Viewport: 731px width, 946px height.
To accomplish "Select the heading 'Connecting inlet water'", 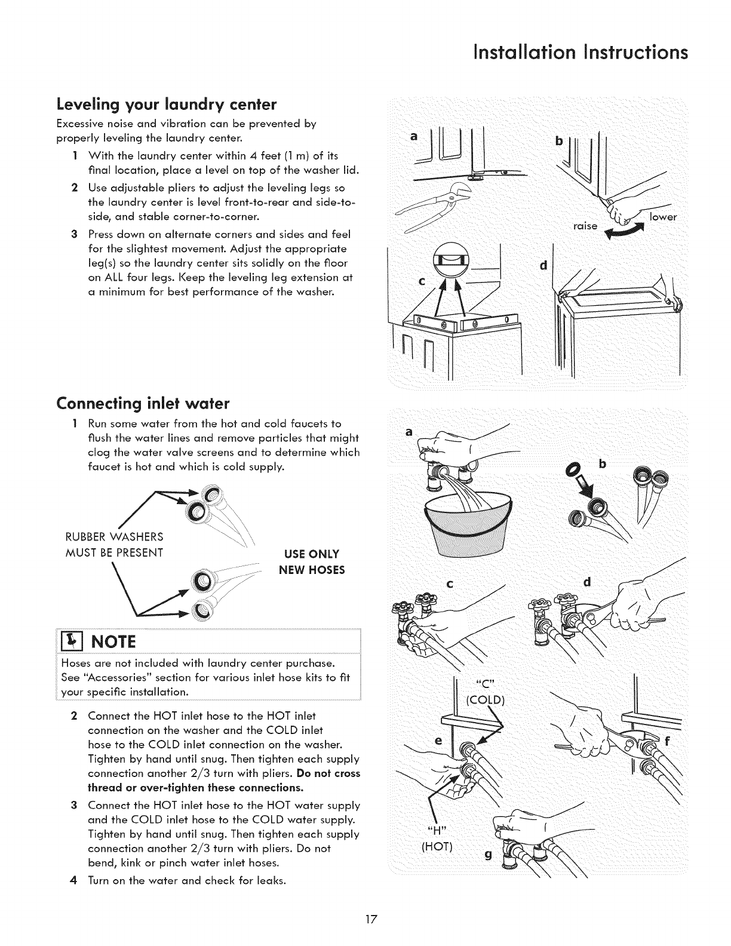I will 143,404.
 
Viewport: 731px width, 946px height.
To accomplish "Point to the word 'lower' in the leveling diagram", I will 664,217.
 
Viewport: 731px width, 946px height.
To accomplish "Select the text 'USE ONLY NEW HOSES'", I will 312,561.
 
